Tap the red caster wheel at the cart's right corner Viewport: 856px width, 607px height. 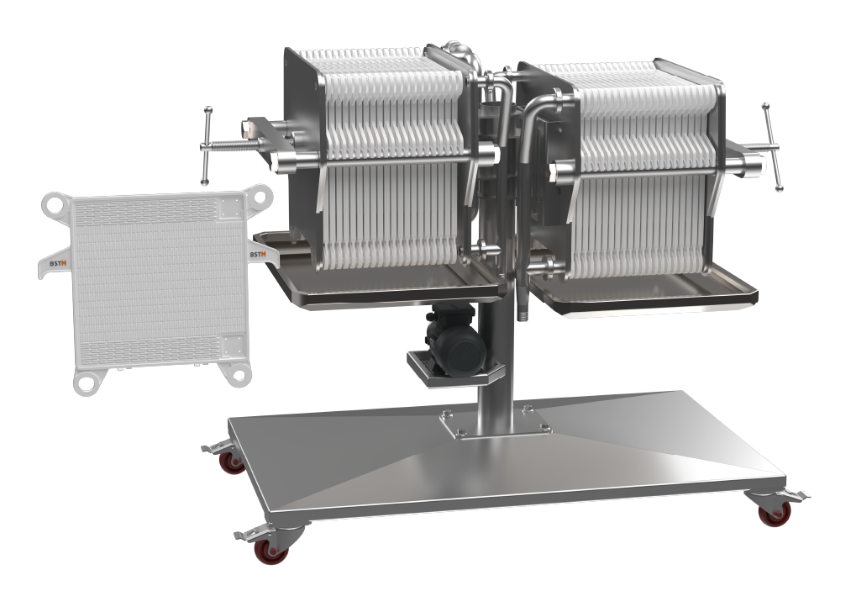click(775, 513)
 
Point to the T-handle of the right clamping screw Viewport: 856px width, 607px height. click(773, 147)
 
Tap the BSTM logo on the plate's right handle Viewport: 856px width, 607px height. click(258, 254)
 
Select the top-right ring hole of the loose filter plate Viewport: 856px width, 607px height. click(259, 195)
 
